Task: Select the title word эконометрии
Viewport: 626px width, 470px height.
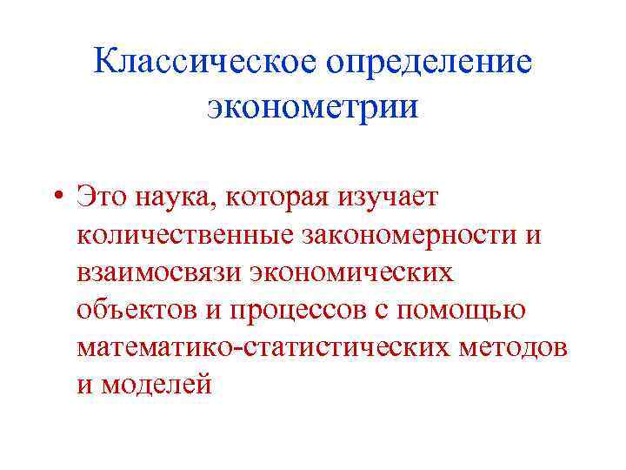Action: pos(313,108)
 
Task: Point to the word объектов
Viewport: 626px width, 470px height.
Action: pos(131,310)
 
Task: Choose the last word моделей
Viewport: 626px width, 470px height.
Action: pos(156,385)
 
